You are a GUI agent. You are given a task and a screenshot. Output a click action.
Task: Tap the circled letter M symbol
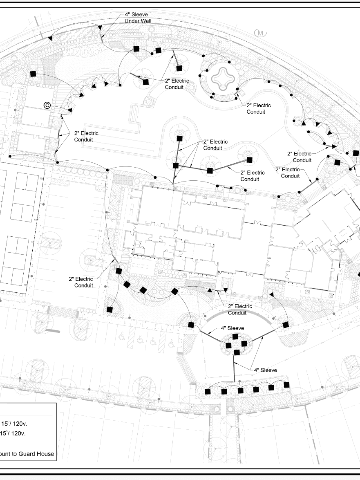click(260, 34)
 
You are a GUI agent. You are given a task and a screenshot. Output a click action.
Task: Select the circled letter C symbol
click(47, 105)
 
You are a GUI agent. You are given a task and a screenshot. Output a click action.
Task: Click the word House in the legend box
click(47, 454)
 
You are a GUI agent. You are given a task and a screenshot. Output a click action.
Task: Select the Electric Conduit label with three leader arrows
click(215, 145)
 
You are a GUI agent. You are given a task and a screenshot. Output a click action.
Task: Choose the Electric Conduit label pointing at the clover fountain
click(258, 109)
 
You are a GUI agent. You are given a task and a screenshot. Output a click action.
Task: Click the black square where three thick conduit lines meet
click(176, 165)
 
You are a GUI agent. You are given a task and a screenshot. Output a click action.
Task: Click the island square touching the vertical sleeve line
click(237, 352)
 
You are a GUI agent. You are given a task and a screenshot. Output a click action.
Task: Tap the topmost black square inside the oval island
click(235, 336)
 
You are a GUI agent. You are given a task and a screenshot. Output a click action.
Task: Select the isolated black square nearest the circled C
click(33, 74)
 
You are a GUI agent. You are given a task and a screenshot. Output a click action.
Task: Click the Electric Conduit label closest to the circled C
click(86, 137)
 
